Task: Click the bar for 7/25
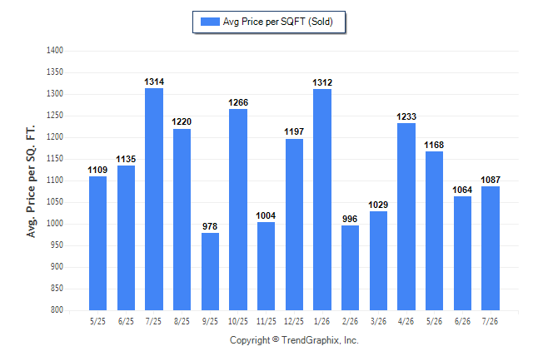(154, 199)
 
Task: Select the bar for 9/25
(210, 271)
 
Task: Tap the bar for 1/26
(322, 200)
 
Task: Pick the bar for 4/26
(406, 216)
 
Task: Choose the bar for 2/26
(350, 268)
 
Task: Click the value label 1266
(238, 102)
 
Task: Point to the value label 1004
(266, 215)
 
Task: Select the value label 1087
(491, 180)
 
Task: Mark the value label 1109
(97, 170)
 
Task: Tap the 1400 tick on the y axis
(55, 51)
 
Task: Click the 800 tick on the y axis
(57, 310)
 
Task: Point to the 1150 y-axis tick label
(55, 158)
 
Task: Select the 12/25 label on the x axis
(294, 321)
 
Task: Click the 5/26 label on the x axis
(434, 321)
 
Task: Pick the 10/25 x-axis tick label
(238, 321)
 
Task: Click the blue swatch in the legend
(210, 22)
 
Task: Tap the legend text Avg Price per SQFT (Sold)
(278, 22)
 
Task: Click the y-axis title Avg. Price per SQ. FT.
(31, 181)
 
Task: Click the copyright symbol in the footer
(276, 339)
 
